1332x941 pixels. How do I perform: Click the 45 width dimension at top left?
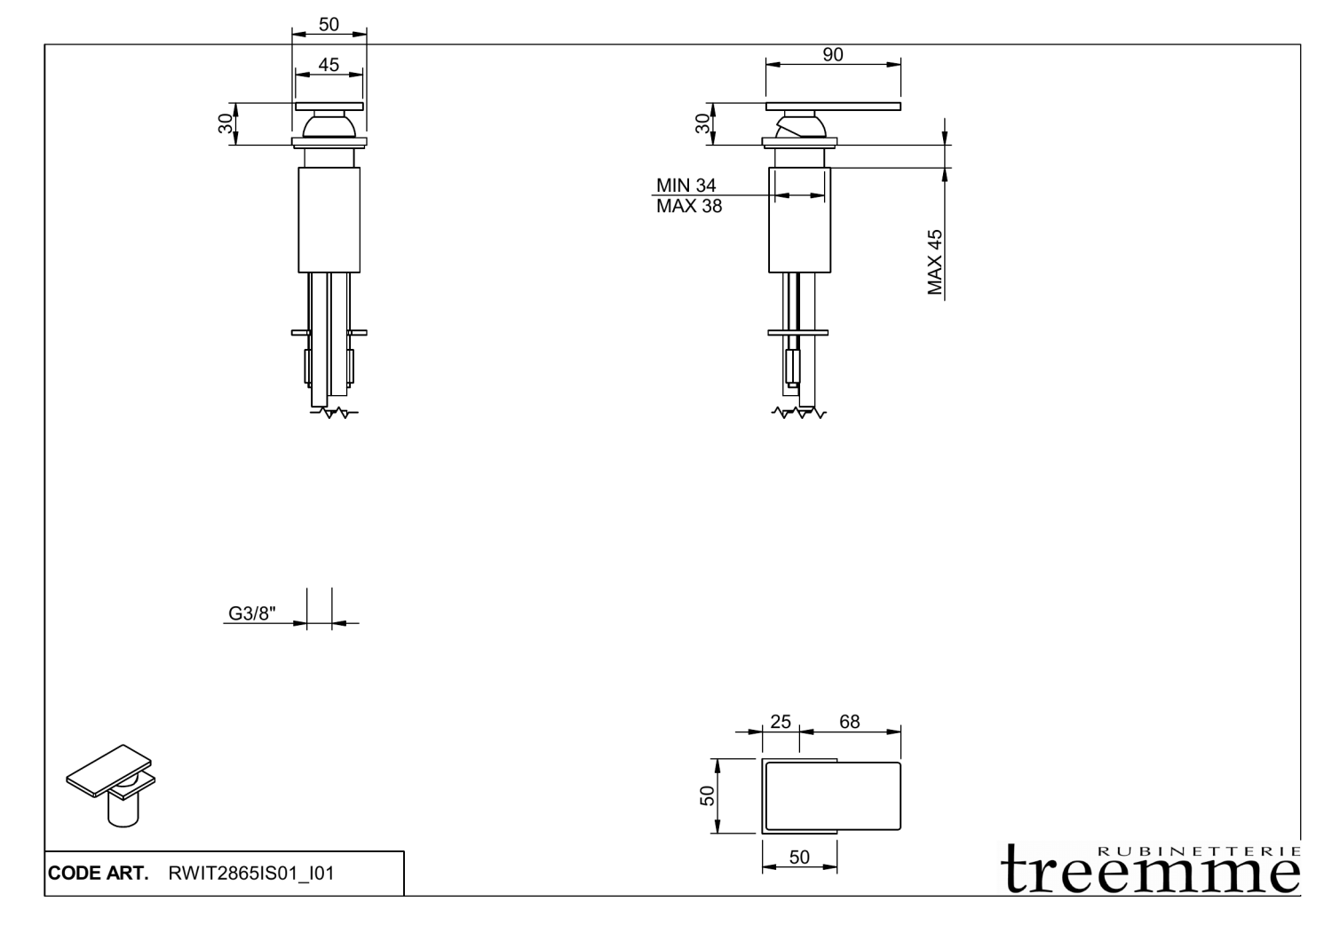point(329,65)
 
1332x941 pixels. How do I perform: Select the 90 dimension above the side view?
point(833,54)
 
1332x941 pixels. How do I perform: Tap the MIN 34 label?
point(686,186)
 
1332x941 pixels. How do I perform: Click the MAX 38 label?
point(688,207)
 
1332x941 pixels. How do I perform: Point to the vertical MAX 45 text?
point(935,262)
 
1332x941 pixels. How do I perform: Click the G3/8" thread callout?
point(252,613)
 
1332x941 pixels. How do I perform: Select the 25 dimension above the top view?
point(780,722)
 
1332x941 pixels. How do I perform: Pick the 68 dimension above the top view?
point(849,722)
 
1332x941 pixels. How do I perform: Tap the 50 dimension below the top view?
point(799,857)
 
